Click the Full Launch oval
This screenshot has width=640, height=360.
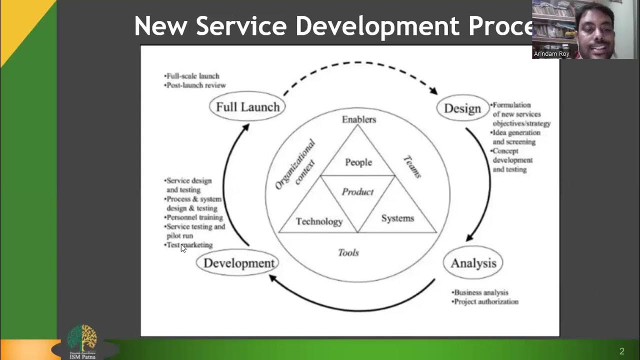[x=247, y=106]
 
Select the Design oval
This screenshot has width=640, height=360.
[x=462, y=108]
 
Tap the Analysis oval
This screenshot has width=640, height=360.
[x=473, y=263]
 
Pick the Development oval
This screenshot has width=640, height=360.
[x=238, y=263]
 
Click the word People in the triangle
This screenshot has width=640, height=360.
[x=358, y=162]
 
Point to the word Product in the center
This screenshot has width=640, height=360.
[x=357, y=191]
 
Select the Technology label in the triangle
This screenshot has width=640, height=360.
[x=319, y=221]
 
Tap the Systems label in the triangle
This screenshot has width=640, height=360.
[x=397, y=218]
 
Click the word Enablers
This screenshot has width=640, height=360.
[x=358, y=119]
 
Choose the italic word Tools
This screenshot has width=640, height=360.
[x=348, y=252]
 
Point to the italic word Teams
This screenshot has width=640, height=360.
[x=412, y=166]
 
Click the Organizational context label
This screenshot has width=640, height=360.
[x=295, y=164]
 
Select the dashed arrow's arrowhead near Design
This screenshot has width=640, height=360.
[x=433, y=90]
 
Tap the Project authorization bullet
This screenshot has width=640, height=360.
[x=485, y=301]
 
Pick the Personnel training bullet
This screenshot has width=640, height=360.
[x=194, y=217]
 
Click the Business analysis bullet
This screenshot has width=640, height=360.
[x=480, y=292]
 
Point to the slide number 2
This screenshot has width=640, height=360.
[x=622, y=351]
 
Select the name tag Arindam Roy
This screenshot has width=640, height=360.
[x=551, y=53]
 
